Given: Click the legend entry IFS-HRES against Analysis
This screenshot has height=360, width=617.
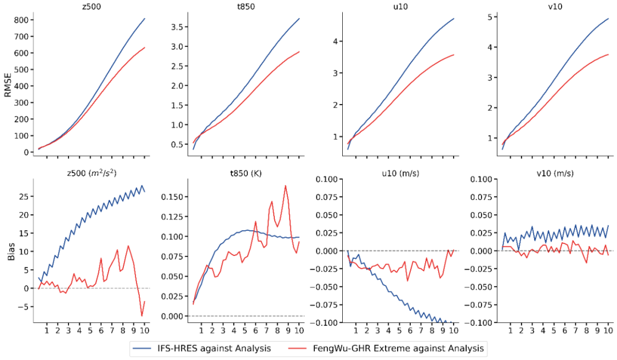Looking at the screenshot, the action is coord(202,349).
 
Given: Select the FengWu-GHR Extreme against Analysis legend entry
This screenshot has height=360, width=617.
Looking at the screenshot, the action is coord(386,349).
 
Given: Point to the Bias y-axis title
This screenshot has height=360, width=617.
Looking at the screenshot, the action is coord(11,251).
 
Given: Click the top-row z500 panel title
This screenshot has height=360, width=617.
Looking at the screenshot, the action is coord(91,6).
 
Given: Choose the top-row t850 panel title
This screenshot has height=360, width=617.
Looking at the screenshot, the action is coord(246,6).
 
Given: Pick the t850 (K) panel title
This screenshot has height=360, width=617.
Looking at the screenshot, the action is coord(246,174).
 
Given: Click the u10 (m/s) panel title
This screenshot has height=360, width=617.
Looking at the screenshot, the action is coord(400,174).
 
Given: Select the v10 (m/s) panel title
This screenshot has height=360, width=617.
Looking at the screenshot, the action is coord(555,174).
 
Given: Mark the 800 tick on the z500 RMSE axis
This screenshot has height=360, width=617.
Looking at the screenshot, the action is coord(21,19).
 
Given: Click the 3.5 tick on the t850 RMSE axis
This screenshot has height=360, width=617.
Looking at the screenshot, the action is coord(177,27).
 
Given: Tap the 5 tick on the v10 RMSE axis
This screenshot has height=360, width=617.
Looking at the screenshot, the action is coord(490,17).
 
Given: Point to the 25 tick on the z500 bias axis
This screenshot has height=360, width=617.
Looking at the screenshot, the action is coord(24,197).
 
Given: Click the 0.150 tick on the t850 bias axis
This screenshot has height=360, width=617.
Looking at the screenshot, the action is coord(172,197).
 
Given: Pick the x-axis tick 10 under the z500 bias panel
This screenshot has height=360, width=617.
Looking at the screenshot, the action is coord(145,330).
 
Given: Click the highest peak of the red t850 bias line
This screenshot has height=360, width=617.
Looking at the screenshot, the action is coord(285,186).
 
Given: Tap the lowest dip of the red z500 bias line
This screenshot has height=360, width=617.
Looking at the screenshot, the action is coord(142,316).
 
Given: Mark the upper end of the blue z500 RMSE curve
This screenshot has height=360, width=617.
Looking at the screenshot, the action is coord(145,18).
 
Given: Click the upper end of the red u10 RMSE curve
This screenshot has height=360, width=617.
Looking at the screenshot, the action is coord(454,55).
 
